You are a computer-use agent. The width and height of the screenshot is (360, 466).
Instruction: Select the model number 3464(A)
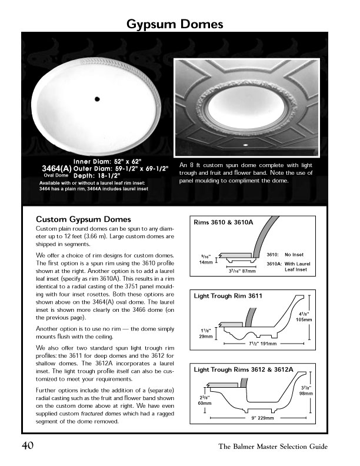click(x=56, y=168)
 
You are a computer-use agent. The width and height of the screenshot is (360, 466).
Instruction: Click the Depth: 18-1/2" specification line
click(x=96, y=175)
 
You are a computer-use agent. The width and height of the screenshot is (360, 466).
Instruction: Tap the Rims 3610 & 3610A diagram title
click(x=224, y=223)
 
